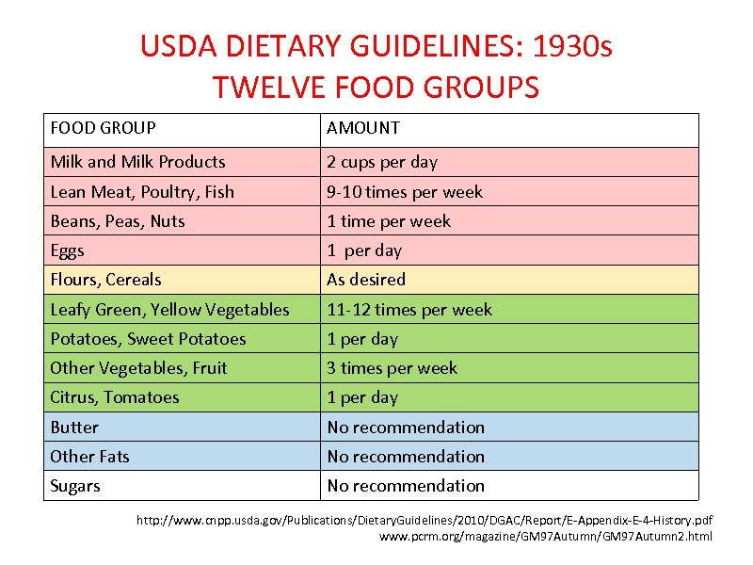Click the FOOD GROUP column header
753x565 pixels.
click(103, 128)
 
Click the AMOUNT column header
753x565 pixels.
click(363, 128)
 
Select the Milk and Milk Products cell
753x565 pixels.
click(137, 162)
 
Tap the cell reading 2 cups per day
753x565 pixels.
click(382, 162)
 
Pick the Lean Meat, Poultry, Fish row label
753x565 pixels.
click(142, 192)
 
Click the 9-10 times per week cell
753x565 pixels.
click(405, 192)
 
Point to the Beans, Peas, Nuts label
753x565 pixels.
click(118, 221)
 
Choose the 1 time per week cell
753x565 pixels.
click(389, 221)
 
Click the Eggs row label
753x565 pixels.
click(67, 250)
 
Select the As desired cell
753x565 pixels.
click(366, 280)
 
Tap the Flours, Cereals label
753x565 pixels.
click(105, 280)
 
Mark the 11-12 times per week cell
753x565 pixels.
click(409, 310)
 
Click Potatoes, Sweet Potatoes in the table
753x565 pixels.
click(148, 339)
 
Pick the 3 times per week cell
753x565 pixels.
click(392, 368)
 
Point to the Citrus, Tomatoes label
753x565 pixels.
click(114, 397)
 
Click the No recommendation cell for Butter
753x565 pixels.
click(406, 428)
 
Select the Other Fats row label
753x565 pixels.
click(89, 457)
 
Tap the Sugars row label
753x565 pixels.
click(74, 486)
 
